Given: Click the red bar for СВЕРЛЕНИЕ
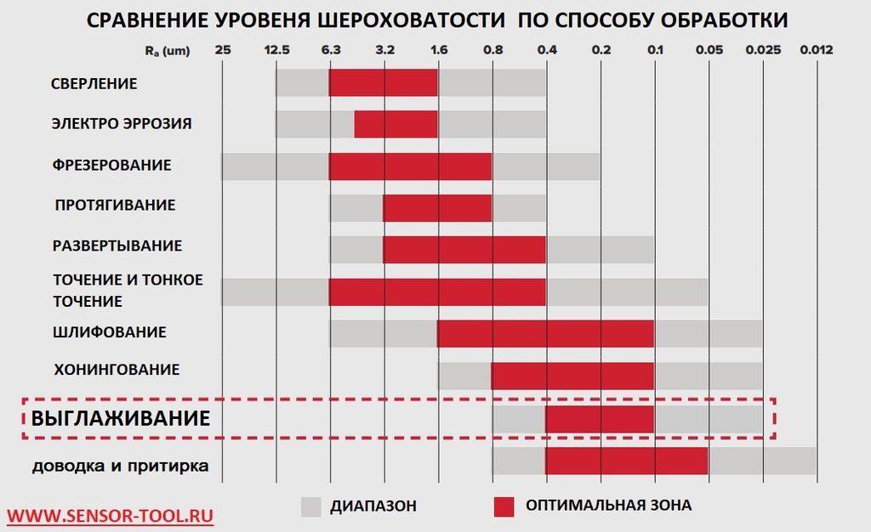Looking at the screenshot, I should coord(383,82).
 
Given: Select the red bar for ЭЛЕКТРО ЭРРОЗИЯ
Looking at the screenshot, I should coord(396,123).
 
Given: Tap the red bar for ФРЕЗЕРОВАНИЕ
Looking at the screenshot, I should coord(410,166).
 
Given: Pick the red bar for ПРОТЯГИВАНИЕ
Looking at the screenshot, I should coord(437,207).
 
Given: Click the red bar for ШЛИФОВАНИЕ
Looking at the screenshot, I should coord(545,333).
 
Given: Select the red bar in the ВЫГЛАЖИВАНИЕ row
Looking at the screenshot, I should coord(600,419).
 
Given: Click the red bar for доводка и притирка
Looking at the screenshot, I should coord(627,461).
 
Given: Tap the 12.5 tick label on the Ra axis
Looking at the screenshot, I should coord(276,50).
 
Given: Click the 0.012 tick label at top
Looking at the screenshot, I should coord(817,50).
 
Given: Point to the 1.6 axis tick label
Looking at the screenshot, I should coord(439,50).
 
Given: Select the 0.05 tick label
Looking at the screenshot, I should coord(709,50).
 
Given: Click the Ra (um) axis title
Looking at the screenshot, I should coord(167,51).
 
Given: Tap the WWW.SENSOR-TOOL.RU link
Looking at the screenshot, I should coord(111,515).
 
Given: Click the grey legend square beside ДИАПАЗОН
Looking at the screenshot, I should coord(311,507).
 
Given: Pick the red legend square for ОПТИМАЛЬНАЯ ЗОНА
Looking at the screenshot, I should coord(504,507).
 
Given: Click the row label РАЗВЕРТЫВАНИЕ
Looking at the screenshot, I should coord(117,246).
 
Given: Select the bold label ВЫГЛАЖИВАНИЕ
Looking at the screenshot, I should coord(121,418).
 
